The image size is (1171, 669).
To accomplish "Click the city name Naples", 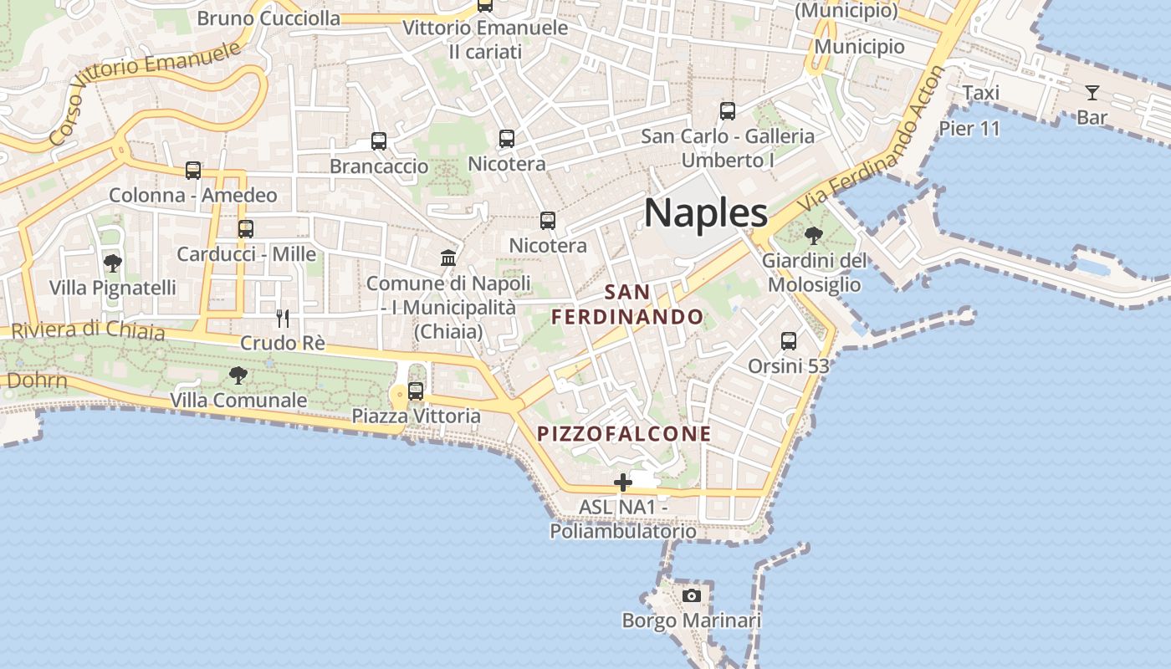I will [x=705, y=213].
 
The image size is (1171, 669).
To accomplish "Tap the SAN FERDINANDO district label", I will [x=627, y=304].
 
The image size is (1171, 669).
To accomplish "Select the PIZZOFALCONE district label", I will [x=624, y=434].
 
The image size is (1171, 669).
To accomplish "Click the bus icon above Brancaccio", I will [x=379, y=141].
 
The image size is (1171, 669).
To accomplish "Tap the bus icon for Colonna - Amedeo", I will [x=193, y=171].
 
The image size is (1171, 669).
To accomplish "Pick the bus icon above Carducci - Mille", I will [x=245, y=229].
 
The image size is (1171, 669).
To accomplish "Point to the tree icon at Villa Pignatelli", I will [x=112, y=263].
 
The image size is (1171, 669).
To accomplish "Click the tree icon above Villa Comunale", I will [x=238, y=375].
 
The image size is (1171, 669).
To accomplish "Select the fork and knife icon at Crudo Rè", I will [x=283, y=319].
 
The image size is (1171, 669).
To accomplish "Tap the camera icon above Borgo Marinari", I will [x=691, y=595].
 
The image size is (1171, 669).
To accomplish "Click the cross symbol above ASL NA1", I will [x=623, y=483].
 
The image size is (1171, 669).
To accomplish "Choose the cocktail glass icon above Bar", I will [x=1092, y=92].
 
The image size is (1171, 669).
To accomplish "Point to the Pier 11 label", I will [x=969, y=129].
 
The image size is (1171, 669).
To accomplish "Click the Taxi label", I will [x=980, y=93].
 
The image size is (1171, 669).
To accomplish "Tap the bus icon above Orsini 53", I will [x=788, y=341].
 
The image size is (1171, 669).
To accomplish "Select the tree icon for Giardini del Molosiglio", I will [x=814, y=236].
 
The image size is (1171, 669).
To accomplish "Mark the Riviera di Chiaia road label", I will [x=89, y=330].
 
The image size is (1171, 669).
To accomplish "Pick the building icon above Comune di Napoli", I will [x=448, y=258].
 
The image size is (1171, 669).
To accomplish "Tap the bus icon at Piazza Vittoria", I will [x=416, y=391].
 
